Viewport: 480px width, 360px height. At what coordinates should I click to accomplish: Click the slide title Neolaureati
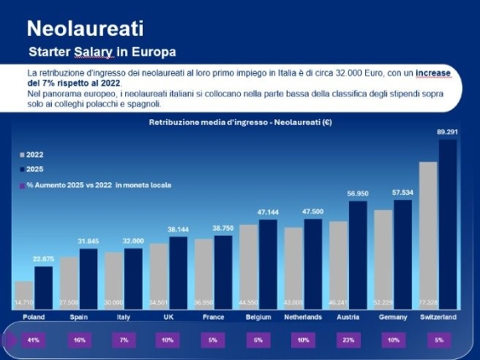tap(85, 29)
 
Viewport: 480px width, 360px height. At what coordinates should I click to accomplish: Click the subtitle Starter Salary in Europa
tap(102, 52)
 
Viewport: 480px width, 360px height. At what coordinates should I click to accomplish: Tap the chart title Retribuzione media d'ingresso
tap(240, 123)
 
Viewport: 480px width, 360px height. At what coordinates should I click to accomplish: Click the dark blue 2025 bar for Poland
tap(43, 286)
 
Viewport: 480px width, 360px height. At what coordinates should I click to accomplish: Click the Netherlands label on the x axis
tap(304, 318)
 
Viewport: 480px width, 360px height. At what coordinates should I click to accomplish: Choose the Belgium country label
tap(258, 318)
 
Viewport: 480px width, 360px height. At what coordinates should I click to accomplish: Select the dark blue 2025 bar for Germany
tap(403, 253)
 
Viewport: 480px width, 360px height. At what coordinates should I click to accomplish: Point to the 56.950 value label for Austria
tap(358, 194)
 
